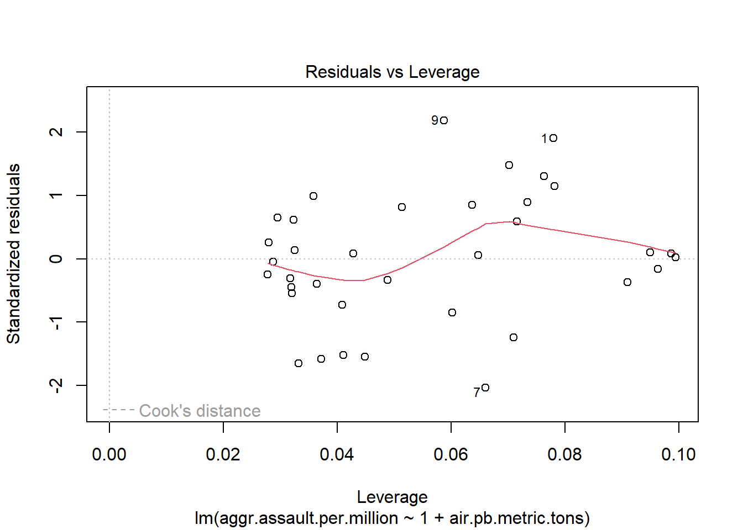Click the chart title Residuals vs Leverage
[392, 72]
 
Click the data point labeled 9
[444, 120]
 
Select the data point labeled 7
[485, 388]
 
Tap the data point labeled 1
[553, 138]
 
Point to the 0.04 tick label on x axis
[337, 454]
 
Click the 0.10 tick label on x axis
[678, 454]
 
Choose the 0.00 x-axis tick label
[109, 454]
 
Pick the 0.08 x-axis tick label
[564, 454]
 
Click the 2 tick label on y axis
[56, 132]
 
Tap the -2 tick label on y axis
[56, 385]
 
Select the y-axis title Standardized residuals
[13, 254]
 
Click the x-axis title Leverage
[392, 497]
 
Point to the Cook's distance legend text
[200, 411]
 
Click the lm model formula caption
[392, 518]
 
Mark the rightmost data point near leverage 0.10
[676, 257]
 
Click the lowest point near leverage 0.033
[299, 363]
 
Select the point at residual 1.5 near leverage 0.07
[509, 165]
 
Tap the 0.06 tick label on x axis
[451, 454]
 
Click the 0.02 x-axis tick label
[223, 454]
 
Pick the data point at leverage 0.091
[627, 282]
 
